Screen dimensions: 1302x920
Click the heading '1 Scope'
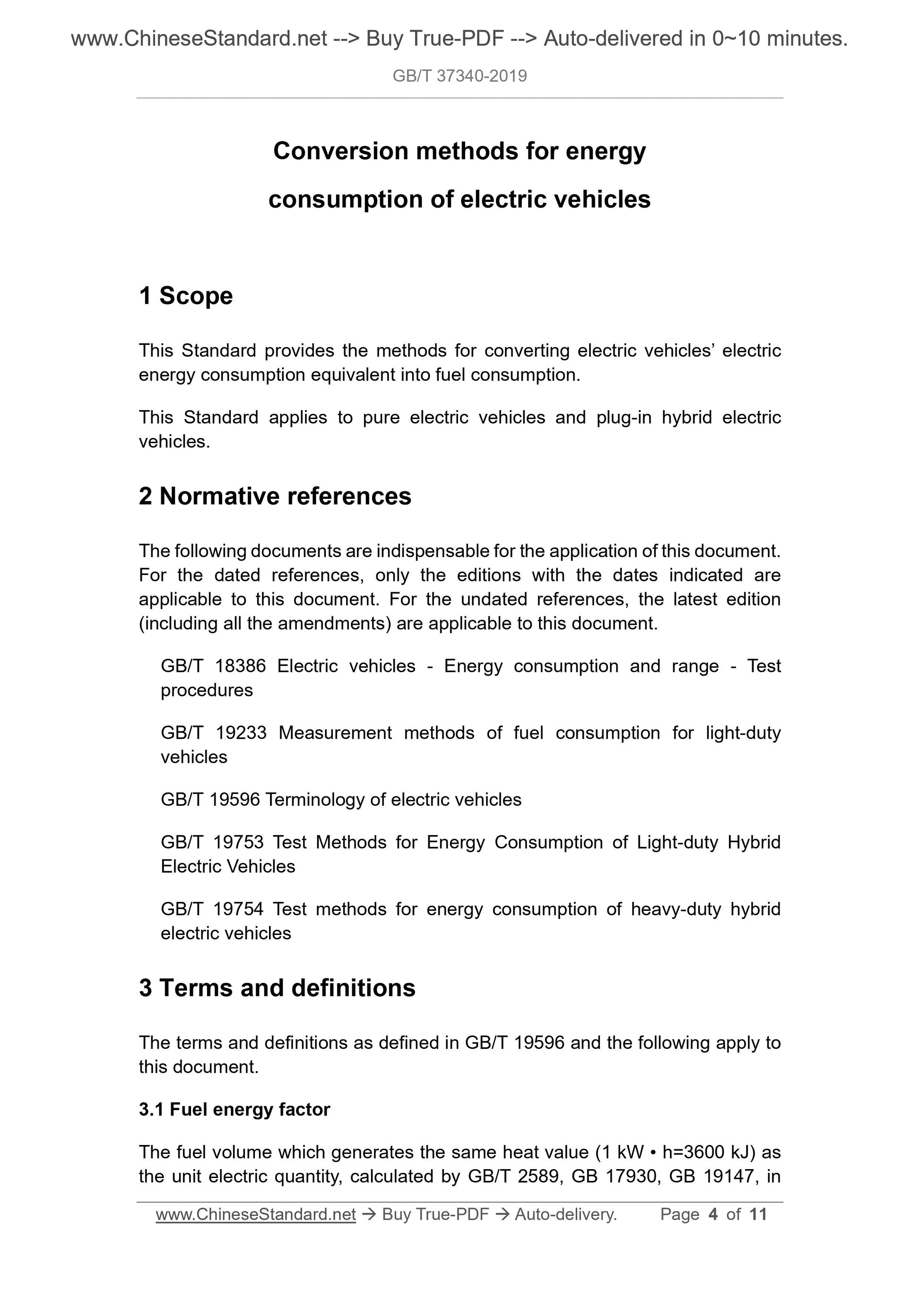point(185,296)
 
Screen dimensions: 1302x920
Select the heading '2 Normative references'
point(275,496)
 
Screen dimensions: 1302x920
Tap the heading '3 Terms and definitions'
point(277,988)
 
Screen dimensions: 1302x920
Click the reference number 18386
point(240,666)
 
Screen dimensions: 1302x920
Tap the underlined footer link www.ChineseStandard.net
point(256,1214)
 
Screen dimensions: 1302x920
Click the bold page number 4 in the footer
point(713,1214)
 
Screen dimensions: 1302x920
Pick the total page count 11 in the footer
point(757,1214)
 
